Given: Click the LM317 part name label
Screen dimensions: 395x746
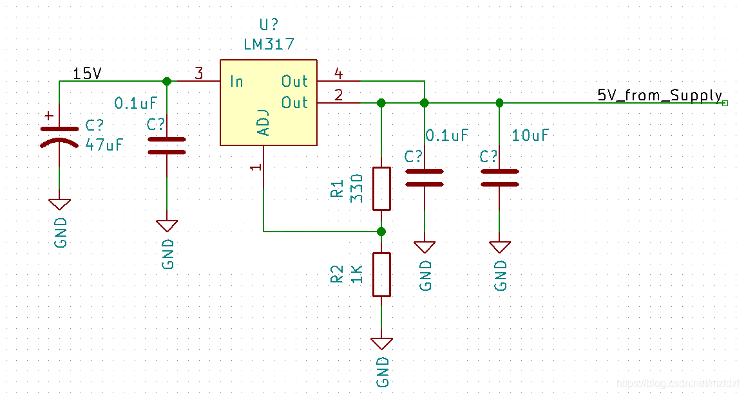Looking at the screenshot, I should (x=269, y=44).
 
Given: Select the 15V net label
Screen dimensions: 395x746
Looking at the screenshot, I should (x=86, y=74).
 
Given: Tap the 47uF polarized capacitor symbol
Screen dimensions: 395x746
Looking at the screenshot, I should (x=59, y=136).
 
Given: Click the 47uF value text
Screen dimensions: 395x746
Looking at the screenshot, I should (x=104, y=145).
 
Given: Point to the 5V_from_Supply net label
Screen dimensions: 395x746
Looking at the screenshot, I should (x=660, y=96).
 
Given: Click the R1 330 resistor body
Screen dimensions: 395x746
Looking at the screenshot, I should (x=381, y=188).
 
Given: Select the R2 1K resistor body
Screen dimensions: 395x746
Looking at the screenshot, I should (x=381, y=274).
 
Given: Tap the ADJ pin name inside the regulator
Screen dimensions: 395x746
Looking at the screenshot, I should (x=263, y=122).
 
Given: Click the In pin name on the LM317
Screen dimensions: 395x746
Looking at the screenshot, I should (x=236, y=82).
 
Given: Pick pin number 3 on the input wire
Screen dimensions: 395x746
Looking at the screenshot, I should (x=198, y=74).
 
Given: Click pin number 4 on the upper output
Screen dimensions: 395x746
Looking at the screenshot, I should (x=338, y=74).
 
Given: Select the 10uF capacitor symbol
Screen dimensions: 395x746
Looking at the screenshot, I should (x=500, y=178).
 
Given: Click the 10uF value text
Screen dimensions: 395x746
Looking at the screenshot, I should (x=530, y=136).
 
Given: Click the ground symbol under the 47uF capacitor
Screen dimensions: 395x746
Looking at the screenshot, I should (x=59, y=204).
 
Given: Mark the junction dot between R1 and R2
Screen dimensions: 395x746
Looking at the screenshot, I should (x=381, y=231).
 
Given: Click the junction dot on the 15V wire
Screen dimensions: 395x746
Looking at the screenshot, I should (x=167, y=82).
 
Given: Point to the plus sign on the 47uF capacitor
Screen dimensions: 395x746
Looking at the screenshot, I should (x=48, y=116).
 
